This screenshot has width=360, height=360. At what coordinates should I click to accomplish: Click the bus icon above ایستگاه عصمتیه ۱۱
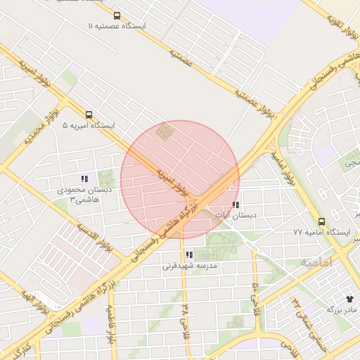coord(116,15)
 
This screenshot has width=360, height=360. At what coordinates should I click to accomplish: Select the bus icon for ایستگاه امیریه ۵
coord(89,115)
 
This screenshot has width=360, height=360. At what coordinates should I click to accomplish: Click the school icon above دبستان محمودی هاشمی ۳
coord(84,179)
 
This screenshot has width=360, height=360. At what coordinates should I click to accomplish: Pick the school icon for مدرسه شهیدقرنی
coord(188,255)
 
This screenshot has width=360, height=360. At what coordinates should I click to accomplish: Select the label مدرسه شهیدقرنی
coord(190,266)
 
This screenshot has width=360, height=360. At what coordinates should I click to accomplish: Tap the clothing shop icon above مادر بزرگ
coord(349,298)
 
